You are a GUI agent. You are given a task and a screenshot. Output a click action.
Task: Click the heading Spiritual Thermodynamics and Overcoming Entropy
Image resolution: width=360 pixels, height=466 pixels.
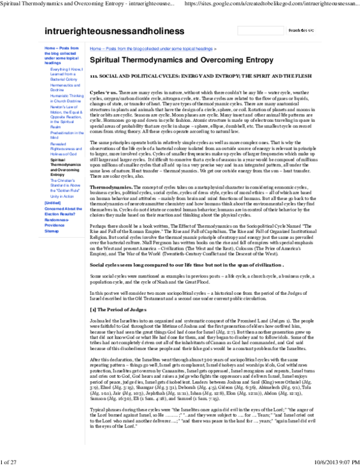(x=181, y=60)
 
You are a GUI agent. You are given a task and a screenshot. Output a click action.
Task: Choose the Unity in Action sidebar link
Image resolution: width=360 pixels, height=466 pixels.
(x=62, y=196)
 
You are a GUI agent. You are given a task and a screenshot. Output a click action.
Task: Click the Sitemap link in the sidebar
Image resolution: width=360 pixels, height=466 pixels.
(x=52, y=231)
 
